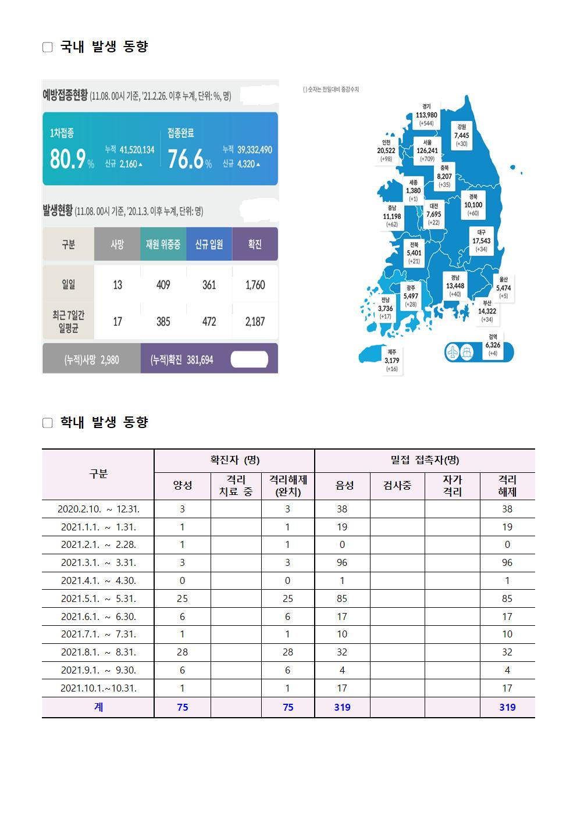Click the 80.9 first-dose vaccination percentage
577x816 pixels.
tap(68, 158)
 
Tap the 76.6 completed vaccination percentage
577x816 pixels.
tap(186, 158)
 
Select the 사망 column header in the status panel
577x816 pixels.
tap(117, 244)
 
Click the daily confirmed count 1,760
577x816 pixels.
tap(255, 285)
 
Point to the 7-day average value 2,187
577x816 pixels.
tap(255, 322)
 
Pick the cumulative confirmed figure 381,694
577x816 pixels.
tap(200, 360)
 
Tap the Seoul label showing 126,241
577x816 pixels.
tap(427, 149)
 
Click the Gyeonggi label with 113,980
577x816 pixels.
tap(426, 115)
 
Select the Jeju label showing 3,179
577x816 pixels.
tap(392, 361)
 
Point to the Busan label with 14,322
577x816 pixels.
tap(487, 311)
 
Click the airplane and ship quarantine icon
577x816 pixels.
tap(461, 352)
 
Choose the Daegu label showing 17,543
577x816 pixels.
tap(481, 241)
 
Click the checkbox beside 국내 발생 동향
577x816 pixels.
tap(48, 47)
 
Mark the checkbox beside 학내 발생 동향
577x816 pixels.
tap(48, 423)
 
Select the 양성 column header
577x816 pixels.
tap(182, 486)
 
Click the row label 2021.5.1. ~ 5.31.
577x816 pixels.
tap(98, 598)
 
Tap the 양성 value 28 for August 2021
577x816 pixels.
tap(182, 652)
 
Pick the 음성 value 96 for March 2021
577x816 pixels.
tap(342, 562)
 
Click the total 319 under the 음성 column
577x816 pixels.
tap(342, 707)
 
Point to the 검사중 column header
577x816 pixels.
tap(397, 486)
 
